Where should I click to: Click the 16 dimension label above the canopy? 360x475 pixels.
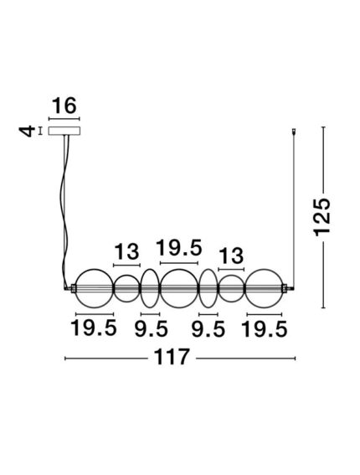[x=64, y=106]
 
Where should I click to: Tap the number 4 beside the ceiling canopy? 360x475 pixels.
[x=27, y=132]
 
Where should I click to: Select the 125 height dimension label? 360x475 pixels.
[x=321, y=217]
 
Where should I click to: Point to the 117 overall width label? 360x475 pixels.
[x=172, y=357]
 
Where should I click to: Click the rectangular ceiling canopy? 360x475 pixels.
[x=64, y=131]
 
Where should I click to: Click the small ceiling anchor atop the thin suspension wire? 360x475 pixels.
[x=293, y=132]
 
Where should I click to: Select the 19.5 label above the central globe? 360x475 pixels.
[x=178, y=247]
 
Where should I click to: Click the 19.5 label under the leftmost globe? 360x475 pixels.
[x=94, y=328]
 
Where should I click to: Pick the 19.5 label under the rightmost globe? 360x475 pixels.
[x=265, y=329]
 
